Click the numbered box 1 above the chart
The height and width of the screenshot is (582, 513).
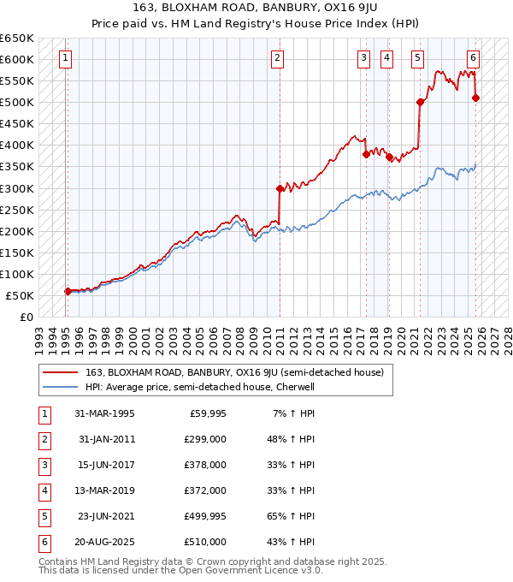pyautogui.click(x=66, y=58)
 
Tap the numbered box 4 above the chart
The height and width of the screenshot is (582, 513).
pyautogui.click(x=387, y=58)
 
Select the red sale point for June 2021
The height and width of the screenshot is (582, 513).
pyautogui.click(x=421, y=103)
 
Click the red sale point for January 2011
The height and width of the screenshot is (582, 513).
pyautogui.click(x=280, y=188)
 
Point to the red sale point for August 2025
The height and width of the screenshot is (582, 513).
pyautogui.click(x=476, y=98)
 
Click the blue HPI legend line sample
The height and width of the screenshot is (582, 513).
pyautogui.click(x=60, y=387)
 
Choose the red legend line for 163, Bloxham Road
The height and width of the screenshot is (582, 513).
pyautogui.click(x=60, y=372)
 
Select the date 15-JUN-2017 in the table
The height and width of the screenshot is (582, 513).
pyautogui.click(x=104, y=465)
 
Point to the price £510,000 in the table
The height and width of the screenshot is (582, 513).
pyautogui.click(x=206, y=542)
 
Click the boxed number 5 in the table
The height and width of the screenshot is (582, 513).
pyautogui.click(x=42, y=516)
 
